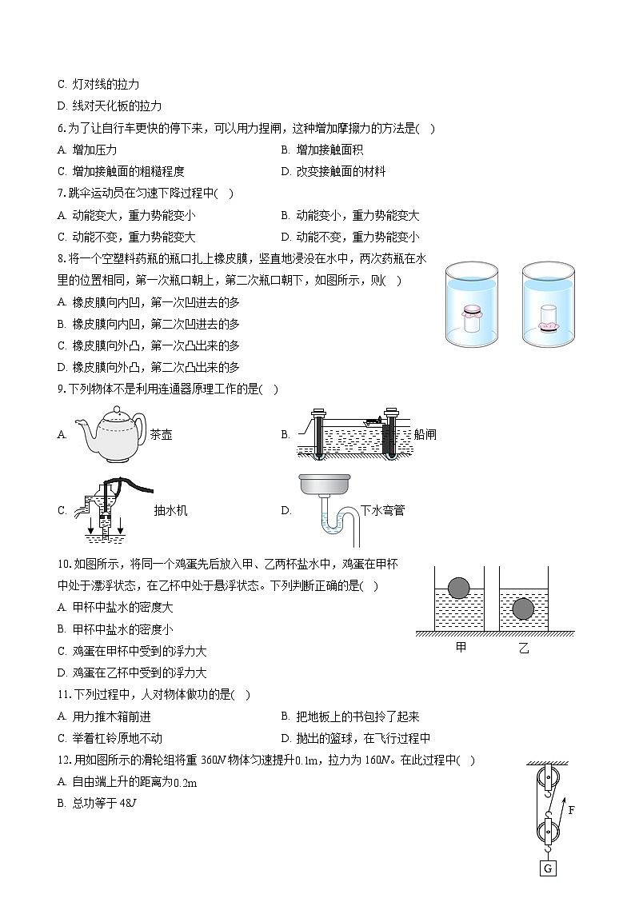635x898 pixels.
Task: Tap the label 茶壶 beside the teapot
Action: [161, 435]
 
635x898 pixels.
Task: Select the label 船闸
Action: [425, 435]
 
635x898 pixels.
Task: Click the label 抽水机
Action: [170, 510]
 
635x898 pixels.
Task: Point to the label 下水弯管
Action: [382, 510]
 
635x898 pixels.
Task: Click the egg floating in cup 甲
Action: [459, 588]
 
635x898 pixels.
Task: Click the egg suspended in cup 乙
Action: [522, 609]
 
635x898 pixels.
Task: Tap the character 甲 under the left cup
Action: [461, 647]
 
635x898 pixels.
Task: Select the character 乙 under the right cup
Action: [524, 647]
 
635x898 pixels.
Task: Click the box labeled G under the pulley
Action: [548, 868]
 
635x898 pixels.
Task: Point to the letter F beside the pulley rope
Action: [571, 810]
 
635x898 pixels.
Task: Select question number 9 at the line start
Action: [62, 389]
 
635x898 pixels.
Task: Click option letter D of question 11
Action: [286, 739]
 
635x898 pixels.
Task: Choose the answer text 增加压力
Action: [94, 150]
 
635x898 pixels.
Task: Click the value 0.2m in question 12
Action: [185, 783]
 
